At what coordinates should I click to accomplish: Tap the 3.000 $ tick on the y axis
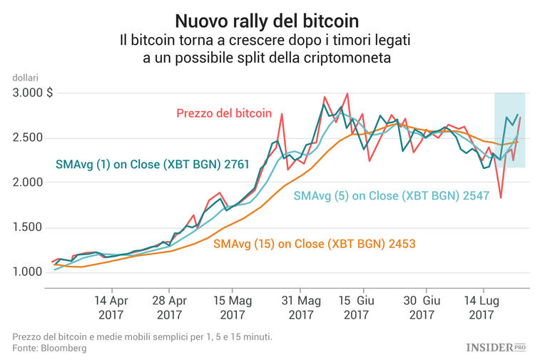tap(33, 93)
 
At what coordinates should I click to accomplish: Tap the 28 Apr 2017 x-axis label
tap(169, 307)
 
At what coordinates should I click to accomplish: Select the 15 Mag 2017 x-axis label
tap(233, 307)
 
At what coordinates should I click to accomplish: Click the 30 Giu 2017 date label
tap(422, 307)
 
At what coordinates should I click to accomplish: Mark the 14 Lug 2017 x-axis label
tap(481, 307)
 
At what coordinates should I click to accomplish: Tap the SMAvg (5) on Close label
tap(390, 195)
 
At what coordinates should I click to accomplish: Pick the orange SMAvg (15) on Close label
tap(314, 244)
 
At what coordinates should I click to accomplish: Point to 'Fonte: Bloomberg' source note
tap(49, 348)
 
